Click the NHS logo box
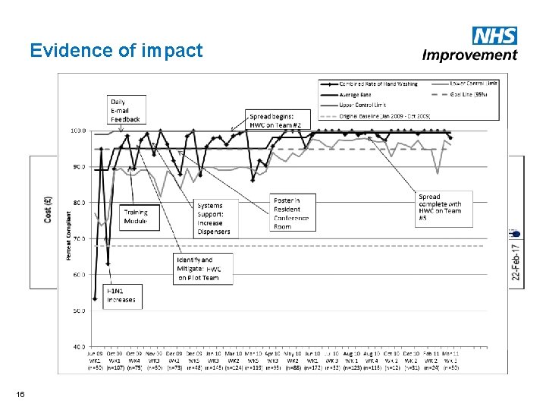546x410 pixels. coord(494,35)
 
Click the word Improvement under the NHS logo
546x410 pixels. coord(469,55)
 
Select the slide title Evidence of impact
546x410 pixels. coord(116,51)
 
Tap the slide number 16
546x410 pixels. coord(19,394)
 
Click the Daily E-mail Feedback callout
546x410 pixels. coord(125,110)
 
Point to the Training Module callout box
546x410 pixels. coord(136,216)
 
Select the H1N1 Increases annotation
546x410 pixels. coord(121,295)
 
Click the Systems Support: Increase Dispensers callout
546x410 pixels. coord(213,218)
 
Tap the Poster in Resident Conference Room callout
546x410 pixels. coord(292,213)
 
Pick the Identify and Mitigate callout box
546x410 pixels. coord(198,269)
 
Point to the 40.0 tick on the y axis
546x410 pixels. coord(78,346)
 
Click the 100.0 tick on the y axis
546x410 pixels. coord(78,131)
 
